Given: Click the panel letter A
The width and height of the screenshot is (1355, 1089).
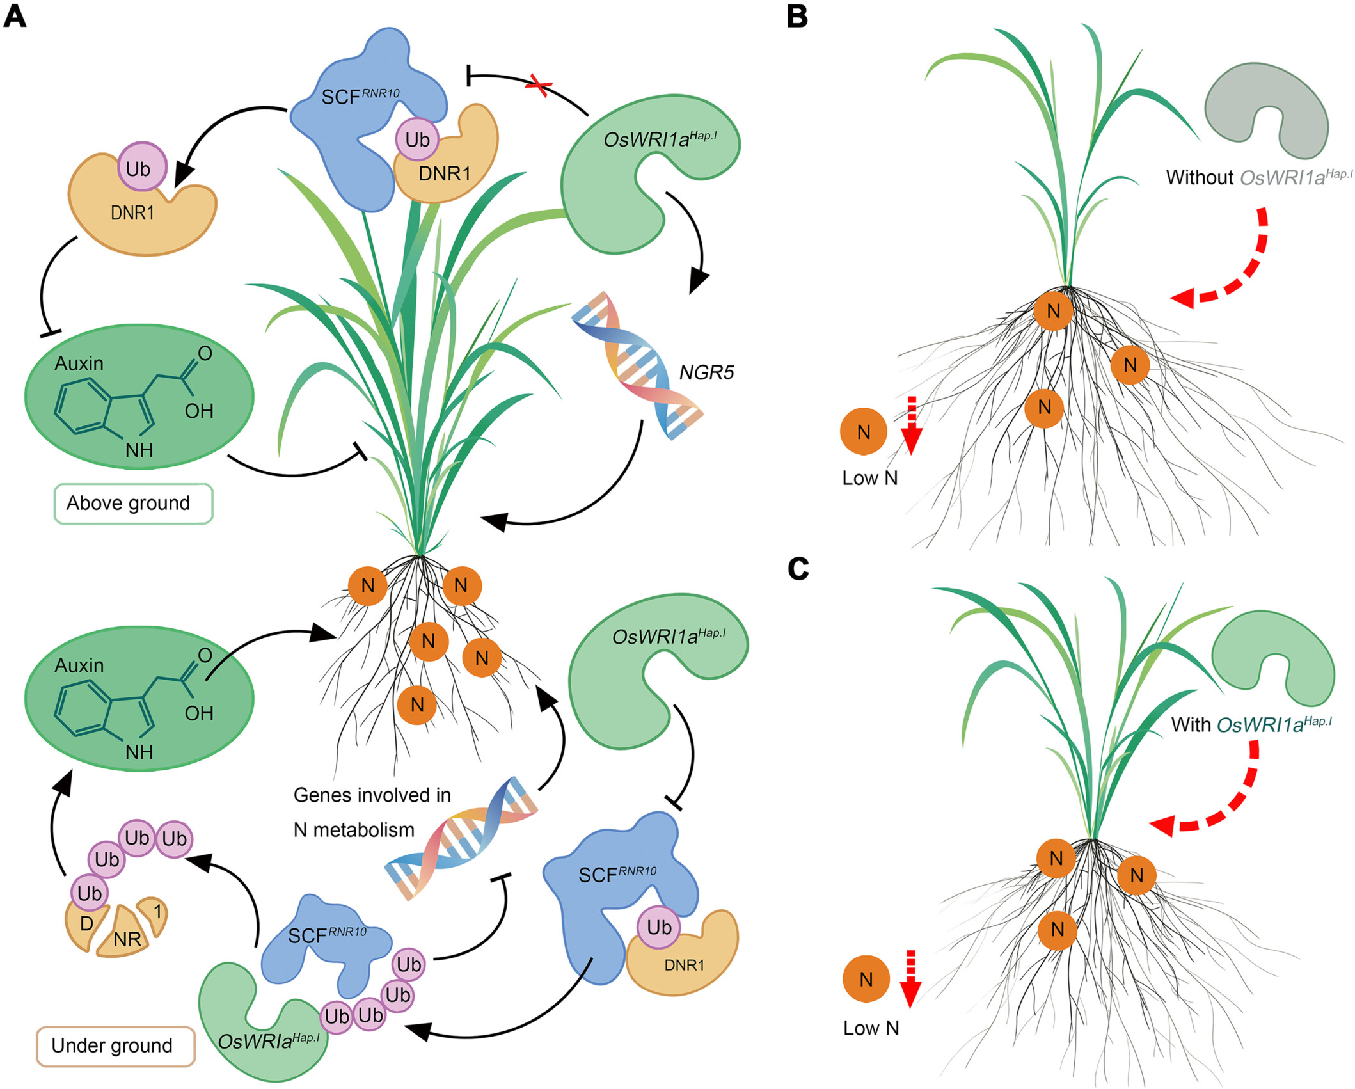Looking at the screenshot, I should pos(15,16).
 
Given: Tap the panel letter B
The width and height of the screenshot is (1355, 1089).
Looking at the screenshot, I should pos(797,16).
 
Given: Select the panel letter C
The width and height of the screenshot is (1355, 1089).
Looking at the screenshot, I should pos(798,568).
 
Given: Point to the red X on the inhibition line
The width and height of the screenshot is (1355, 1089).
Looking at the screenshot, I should pos(539,85).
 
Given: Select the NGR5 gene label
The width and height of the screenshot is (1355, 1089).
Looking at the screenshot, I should pos(706,372).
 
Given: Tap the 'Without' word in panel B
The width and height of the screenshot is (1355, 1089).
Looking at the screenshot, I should pos(1199,178).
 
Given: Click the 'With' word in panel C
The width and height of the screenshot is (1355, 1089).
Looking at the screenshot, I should pos(1191,725).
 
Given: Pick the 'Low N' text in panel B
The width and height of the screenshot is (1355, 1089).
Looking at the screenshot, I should pos(869,479).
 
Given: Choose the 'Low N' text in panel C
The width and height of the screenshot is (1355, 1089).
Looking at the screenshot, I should pos(871,1028).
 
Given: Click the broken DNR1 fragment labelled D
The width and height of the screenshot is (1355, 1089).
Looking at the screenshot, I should pos(85,924).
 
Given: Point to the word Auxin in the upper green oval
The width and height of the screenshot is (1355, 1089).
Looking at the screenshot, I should pos(79,363).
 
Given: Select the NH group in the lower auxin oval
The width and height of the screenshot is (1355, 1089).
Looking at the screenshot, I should pos(139,752).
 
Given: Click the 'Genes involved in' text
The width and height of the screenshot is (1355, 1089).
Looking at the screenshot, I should pos(372,795).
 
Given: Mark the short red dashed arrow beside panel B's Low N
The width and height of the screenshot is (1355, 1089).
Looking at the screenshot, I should pos(912,424).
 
